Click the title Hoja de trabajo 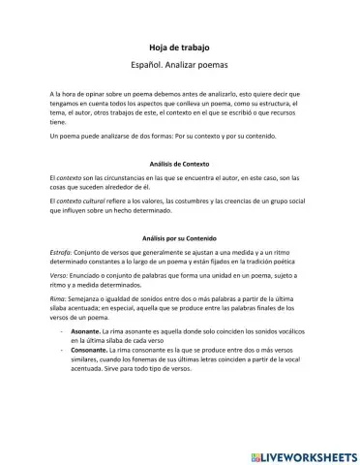179,46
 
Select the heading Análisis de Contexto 180,164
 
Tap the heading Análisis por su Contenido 180,236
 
